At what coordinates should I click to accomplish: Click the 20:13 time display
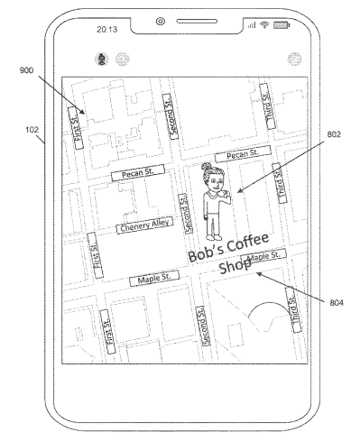click(106, 29)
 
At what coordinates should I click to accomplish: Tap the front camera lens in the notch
click(161, 22)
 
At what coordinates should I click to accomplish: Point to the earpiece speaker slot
click(197, 21)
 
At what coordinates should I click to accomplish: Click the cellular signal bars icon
click(252, 25)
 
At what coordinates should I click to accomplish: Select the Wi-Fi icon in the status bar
click(264, 25)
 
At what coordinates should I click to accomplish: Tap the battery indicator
click(282, 25)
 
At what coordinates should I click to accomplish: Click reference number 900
click(26, 70)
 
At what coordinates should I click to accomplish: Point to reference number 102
click(32, 130)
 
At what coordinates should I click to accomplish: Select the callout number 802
click(334, 134)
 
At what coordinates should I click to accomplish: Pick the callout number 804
click(337, 302)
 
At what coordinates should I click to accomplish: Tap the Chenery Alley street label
click(144, 225)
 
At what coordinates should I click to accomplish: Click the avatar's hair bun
click(206, 166)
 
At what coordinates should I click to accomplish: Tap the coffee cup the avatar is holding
click(226, 194)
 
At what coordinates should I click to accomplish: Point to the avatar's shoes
click(214, 237)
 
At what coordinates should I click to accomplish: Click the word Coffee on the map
click(248, 243)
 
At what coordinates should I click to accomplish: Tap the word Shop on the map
click(235, 266)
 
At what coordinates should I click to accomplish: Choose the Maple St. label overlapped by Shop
click(263, 256)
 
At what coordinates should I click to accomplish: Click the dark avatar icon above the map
click(102, 59)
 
